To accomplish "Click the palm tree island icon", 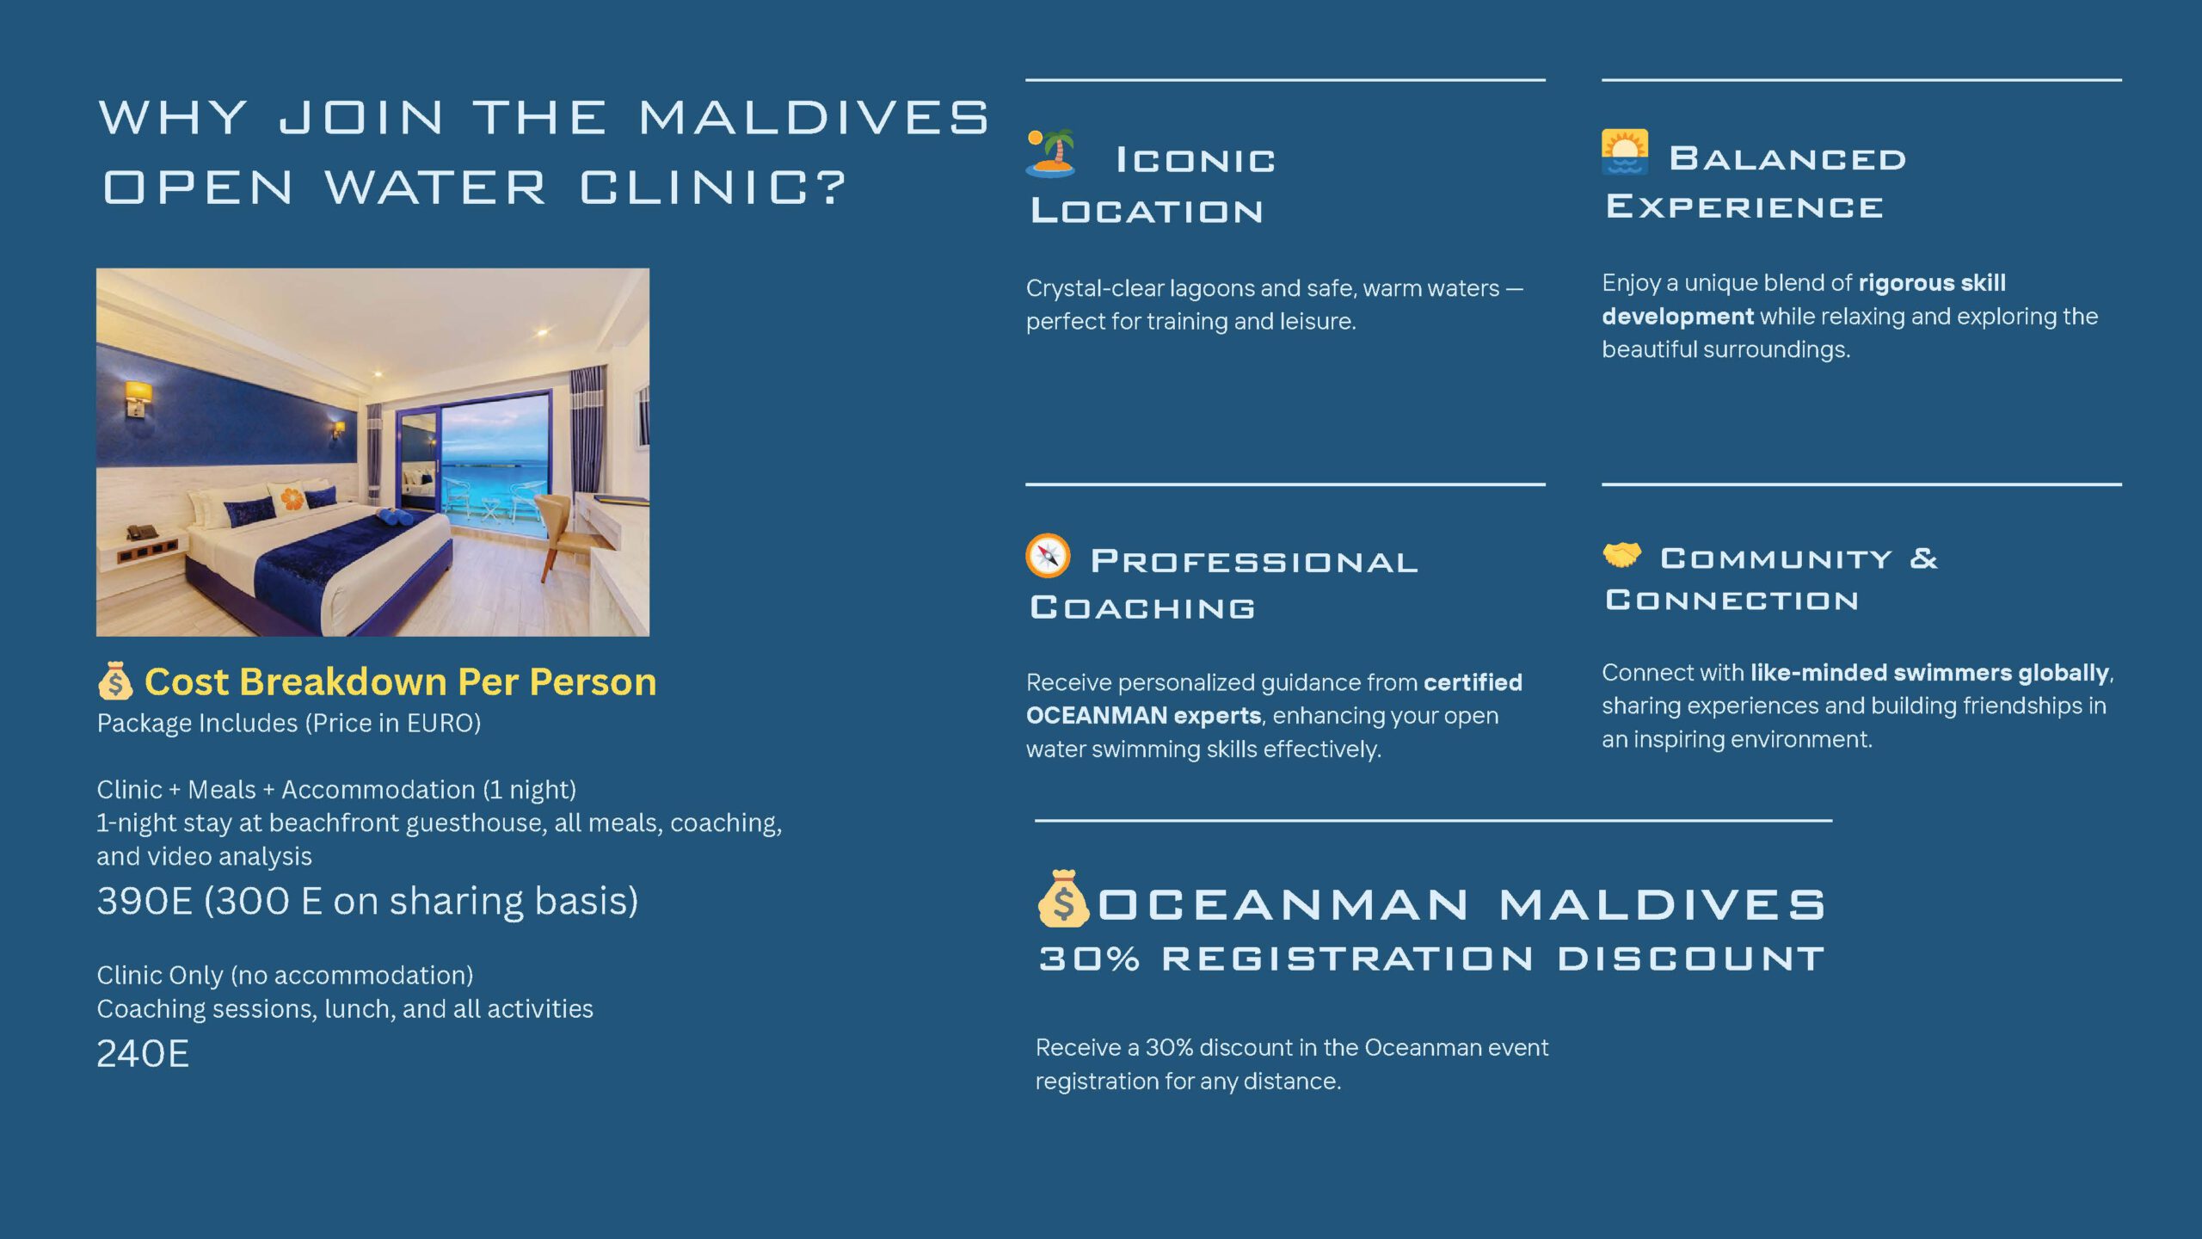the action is (1050, 153).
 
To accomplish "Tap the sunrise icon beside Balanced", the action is (1625, 151).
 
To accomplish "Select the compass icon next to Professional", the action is (1048, 556).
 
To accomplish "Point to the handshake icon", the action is (1622, 555).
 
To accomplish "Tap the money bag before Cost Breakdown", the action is (115, 681).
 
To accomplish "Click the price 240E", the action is (143, 1054).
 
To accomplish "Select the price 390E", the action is (145, 902).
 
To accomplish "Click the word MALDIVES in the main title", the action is (814, 117).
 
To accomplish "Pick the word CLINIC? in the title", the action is (713, 188).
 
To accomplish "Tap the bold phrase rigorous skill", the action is (1932, 283).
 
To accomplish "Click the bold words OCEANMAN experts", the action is (1143, 716).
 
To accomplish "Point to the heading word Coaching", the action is (1142, 607).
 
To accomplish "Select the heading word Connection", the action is (1731, 600).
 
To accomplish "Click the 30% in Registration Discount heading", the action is (1089, 959).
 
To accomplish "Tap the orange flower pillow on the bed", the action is (292, 496).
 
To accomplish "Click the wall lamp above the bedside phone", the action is (138, 398).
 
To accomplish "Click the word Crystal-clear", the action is (1094, 288).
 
